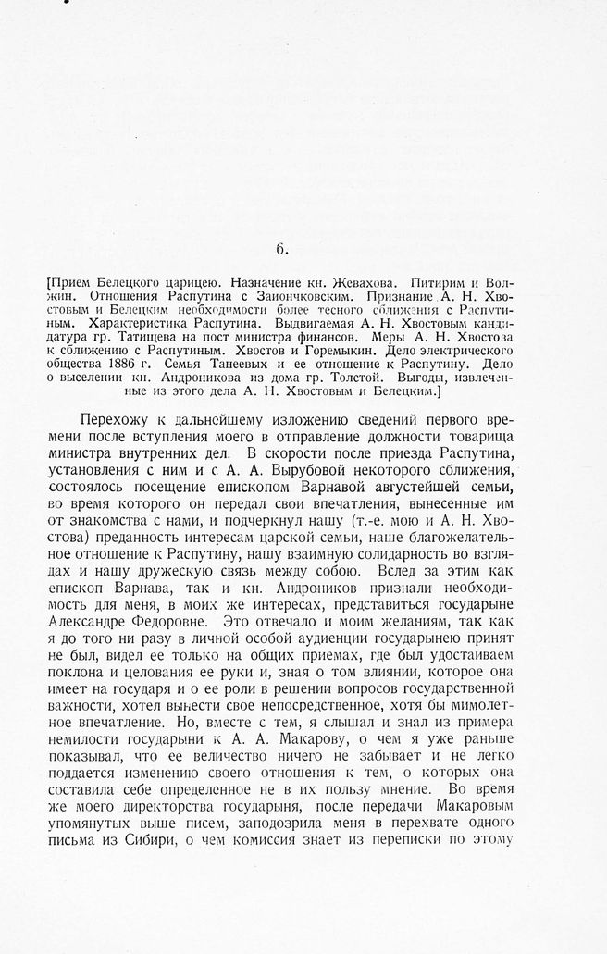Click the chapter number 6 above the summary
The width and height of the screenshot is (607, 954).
click(x=281, y=247)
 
